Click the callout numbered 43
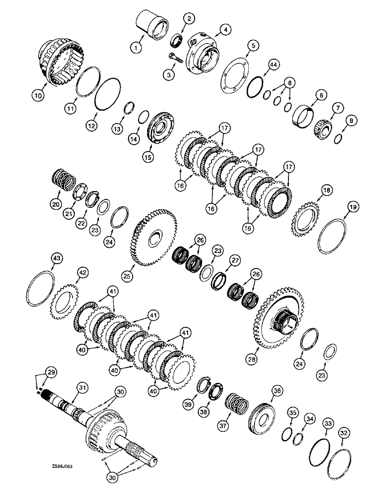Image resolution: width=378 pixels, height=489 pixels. (57, 258)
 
